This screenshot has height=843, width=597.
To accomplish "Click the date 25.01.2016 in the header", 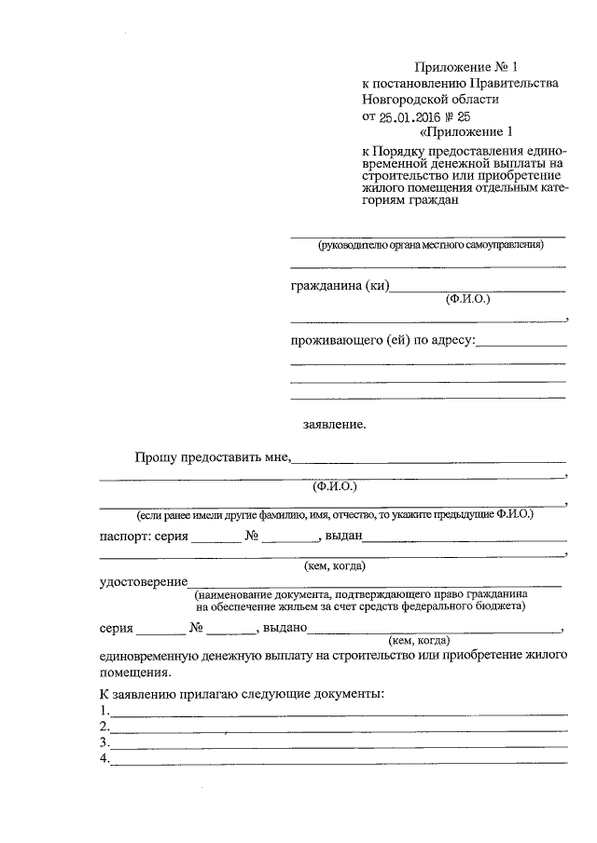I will tap(411, 116).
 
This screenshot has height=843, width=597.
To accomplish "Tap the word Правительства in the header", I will tap(512, 83).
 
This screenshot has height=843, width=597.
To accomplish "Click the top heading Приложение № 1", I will tap(465, 67).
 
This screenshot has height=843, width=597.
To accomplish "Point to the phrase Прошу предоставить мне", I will tap(213, 456).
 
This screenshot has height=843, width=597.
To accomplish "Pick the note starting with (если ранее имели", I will tap(335, 515).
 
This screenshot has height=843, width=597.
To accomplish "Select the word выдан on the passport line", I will tap(343, 537).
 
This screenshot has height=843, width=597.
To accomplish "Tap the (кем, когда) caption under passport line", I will tap(335, 565).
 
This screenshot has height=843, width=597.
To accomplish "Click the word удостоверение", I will tap(140, 581).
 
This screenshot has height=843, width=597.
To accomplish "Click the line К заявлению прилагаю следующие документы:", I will tap(242, 695).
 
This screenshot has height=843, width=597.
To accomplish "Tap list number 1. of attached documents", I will tap(104, 712).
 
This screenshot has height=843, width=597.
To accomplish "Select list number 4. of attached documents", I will tap(104, 759).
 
